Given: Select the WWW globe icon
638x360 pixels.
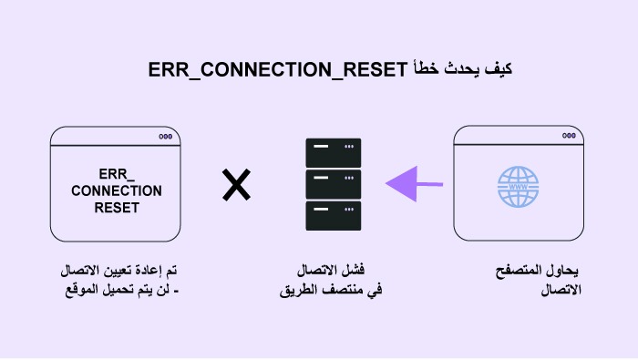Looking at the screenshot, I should point(518,187).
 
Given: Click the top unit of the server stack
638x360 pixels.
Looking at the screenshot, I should point(334,149).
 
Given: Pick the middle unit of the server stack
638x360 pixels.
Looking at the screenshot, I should point(334,184).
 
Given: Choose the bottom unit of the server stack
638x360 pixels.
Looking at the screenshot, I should point(334,219).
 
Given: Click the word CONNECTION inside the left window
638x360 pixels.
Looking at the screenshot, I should point(116,190).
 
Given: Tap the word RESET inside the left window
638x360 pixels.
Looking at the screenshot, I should point(116,208).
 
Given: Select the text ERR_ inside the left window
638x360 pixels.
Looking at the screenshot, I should point(116,173).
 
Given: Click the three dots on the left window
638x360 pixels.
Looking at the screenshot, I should point(165,136).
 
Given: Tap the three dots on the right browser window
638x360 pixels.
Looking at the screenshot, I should point(569,136).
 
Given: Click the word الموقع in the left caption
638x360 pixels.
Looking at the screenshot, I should point(78,291).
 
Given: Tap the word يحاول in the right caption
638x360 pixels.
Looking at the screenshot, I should point(561,273).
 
